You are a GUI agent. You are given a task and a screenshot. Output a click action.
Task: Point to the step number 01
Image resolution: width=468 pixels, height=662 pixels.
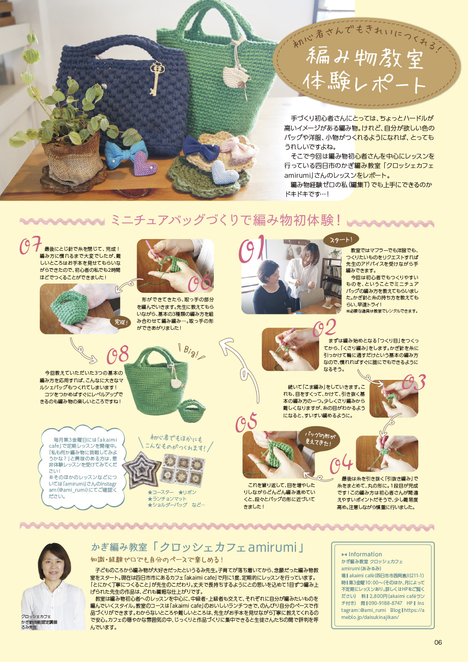tap(252, 248)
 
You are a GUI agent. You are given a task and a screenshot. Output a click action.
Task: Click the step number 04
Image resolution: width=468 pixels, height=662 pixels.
tap(341, 465)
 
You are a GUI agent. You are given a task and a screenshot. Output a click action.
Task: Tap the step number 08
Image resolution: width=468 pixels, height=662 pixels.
tap(117, 355)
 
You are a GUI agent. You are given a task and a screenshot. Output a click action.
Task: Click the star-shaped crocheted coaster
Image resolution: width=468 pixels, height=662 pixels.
tap(141, 470)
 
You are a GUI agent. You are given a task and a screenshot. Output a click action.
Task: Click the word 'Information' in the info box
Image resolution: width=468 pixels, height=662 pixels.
tap(365, 554)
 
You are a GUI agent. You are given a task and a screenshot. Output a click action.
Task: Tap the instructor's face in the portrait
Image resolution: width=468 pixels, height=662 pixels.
tap(54, 566)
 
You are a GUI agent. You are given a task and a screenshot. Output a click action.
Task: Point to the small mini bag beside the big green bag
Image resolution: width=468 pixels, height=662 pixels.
tap(192, 410)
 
